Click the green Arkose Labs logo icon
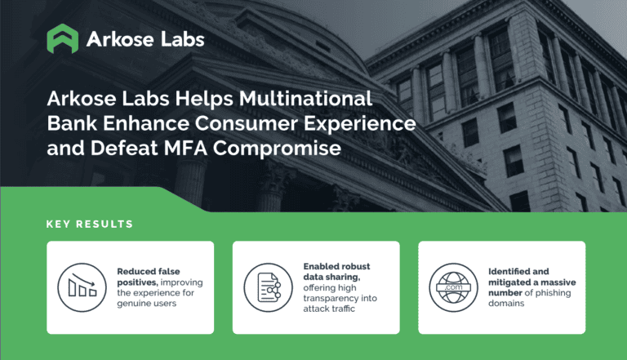pos(63,38)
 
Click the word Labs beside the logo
pos(176,38)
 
